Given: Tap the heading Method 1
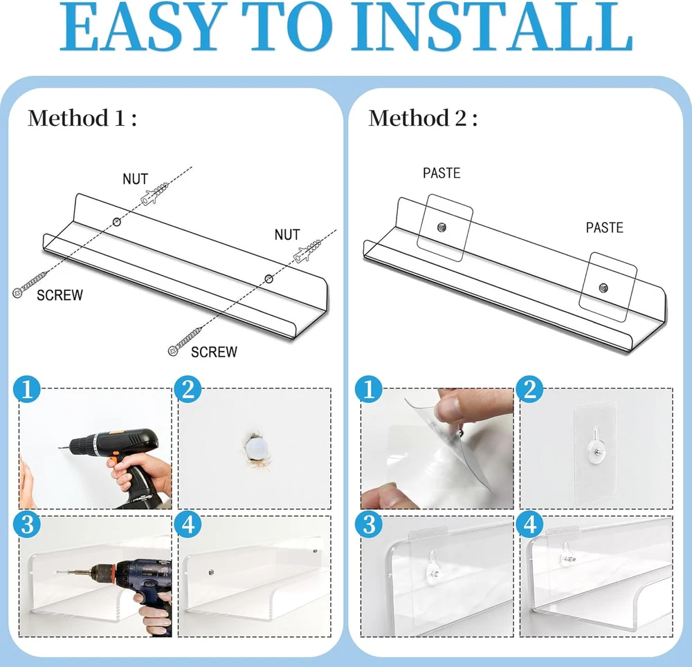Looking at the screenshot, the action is coord(82,118).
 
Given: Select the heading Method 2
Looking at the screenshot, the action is coord(423,118).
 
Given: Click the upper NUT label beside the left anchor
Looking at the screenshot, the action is coord(135,179).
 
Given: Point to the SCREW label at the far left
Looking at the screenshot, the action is coord(60,295).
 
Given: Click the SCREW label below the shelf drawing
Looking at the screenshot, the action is coord(214,352).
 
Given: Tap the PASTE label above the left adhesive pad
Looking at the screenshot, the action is coord(441,173).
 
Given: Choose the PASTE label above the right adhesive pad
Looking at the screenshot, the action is coord(604,227).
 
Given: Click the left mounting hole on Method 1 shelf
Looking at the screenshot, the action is coord(116,222).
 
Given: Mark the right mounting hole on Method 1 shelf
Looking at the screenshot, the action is coord(268,279).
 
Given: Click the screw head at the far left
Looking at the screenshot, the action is coord(18,293).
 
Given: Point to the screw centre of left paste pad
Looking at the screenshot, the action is coord(441,227).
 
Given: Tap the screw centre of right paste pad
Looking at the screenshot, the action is coord(603,288).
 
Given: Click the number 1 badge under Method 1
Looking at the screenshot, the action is coord(27,389).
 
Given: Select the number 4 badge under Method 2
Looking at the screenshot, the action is coord(529,524).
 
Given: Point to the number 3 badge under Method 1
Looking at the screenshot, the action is coord(27,524).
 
